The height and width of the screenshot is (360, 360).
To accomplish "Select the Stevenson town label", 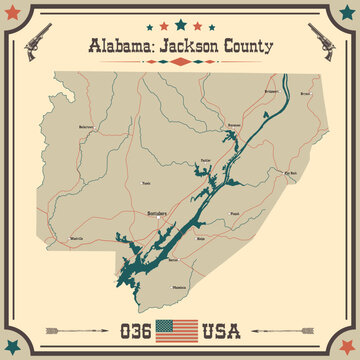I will coord(234,125).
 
